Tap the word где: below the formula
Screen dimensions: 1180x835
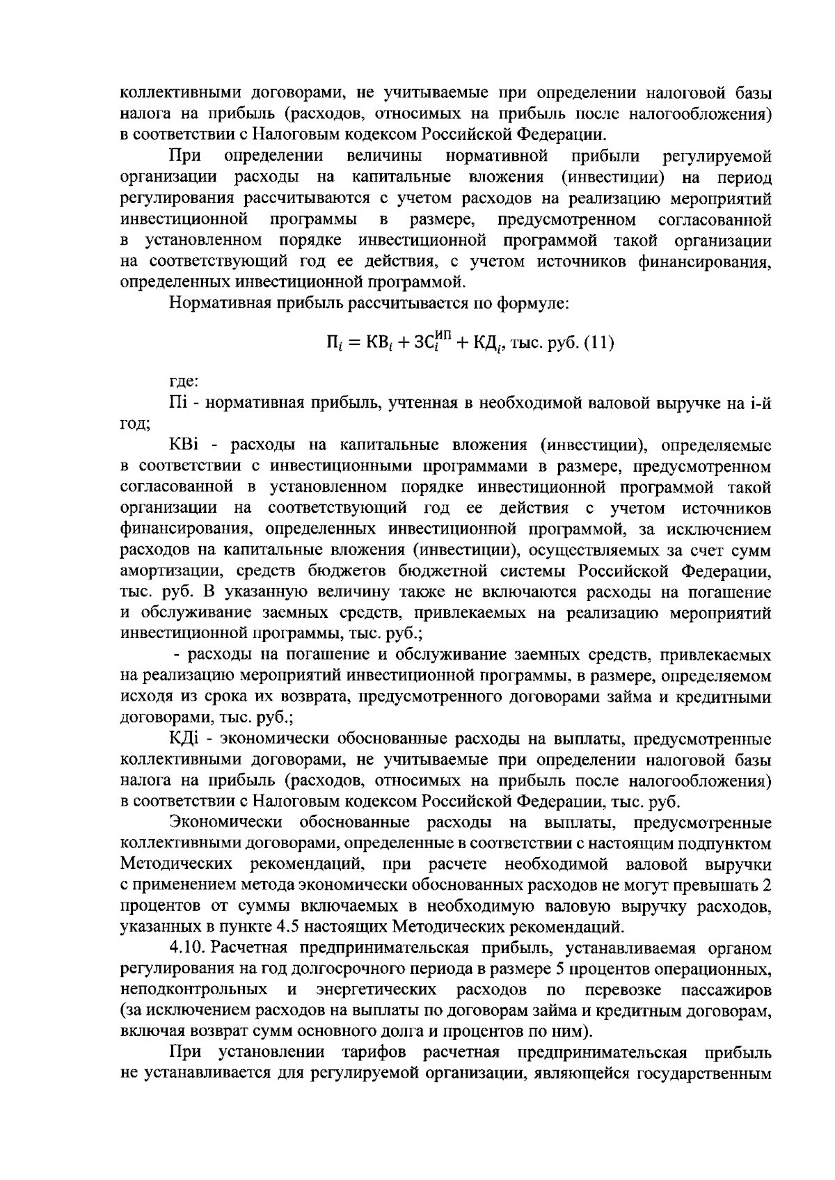[x=184, y=381]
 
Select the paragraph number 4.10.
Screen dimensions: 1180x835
[x=187, y=948]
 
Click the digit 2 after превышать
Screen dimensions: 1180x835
[x=767, y=885]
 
